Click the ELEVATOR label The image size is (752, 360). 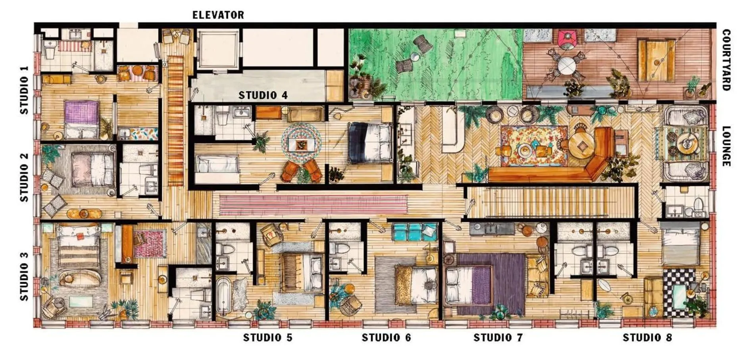218,15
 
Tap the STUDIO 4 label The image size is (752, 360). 263,95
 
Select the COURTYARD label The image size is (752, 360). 726,60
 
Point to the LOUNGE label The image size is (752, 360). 726,146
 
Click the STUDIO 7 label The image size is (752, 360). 498,338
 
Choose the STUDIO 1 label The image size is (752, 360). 24,90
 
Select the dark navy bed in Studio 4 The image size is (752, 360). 370,142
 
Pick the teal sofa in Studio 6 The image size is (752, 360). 414,232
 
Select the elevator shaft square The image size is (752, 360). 219,50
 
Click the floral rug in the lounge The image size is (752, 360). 534,146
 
